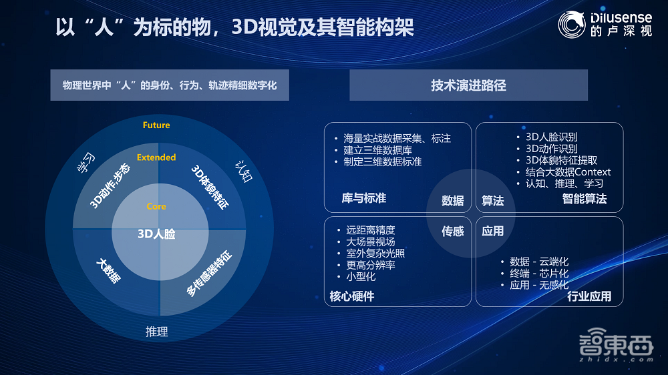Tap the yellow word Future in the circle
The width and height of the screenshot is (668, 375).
(156, 125)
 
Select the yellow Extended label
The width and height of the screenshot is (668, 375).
(156, 157)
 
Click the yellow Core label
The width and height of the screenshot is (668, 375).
(156, 206)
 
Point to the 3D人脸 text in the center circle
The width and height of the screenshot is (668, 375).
(156, 234)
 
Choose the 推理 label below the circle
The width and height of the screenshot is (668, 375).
(157, 332)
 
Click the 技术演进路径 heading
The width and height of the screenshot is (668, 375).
(468, 85)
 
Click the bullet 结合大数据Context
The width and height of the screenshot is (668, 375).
(568, 171)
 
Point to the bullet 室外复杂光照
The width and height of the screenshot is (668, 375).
(375, 253)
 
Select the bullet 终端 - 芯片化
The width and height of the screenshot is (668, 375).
(539, 274)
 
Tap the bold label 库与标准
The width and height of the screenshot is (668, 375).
(363, 198)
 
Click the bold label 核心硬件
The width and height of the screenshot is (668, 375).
(352, 296)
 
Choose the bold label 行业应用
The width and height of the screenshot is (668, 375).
(589, 296)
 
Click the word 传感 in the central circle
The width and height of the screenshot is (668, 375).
(452, 232)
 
